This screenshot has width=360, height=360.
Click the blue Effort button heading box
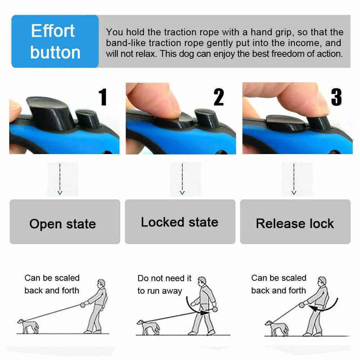(55, 41)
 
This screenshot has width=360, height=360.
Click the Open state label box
(65, 222)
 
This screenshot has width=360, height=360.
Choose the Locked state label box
(180, 222)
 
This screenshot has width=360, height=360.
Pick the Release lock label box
(295, 222)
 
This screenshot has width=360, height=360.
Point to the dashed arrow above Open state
(60, 179)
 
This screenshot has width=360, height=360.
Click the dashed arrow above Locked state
(182, 179)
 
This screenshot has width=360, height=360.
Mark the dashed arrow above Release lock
(294, 179)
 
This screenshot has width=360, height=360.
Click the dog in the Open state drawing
(27, 326)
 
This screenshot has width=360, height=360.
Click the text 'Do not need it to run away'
(165, 285)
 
